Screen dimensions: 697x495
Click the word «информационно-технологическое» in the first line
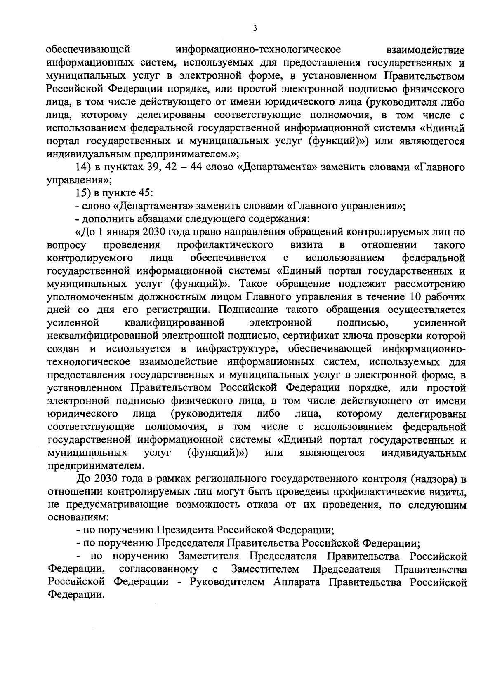coord(258,50)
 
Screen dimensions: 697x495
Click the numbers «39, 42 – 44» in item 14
coord(170,167)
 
